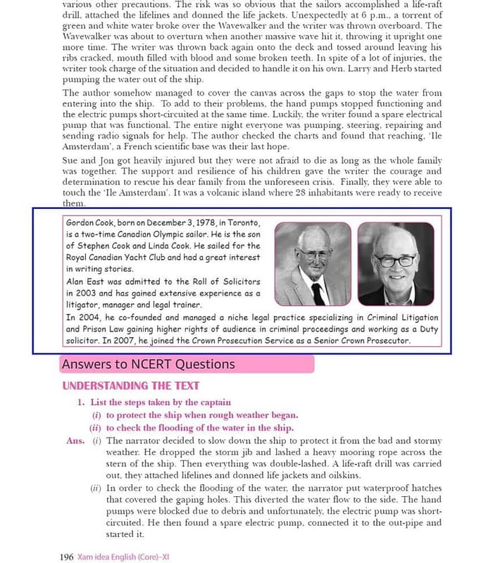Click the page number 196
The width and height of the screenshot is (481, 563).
tap(67, 557)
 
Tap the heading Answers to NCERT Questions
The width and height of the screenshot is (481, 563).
tap(148, 364)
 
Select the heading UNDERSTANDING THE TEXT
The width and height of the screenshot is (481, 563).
tap(130, 386)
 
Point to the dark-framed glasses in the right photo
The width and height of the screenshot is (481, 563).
tap(394, 260)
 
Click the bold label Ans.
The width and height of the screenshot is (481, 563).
tap(74, 441)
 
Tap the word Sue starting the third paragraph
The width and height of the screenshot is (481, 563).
tap(71, 160)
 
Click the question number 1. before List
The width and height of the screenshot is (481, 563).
tap(81, 403)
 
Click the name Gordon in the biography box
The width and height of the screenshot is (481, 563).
tap(82, 222)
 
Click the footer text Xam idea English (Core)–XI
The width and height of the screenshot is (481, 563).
tap(123, 557)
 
